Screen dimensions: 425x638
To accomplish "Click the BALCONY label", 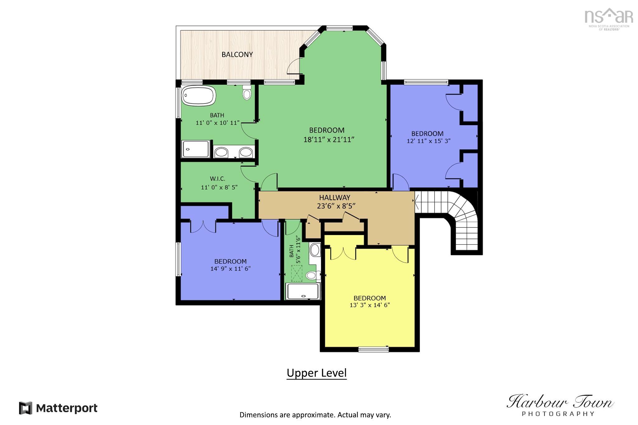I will coord(237,54).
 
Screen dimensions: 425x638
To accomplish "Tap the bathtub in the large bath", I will coord(198,96).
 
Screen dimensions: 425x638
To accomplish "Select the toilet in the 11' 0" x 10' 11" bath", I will coord(247,92).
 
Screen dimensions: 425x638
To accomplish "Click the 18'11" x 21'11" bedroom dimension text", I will coord(329,139).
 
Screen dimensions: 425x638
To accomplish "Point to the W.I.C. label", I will coord(217,179).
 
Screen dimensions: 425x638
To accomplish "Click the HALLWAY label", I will coord(335,197).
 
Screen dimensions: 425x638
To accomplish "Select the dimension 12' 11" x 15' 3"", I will coord(428,141).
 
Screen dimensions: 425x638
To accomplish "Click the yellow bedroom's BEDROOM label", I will coord(369,298).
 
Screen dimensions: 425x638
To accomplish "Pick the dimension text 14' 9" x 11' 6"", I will coord(231,269).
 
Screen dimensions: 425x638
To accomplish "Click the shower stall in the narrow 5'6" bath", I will coord(303,292).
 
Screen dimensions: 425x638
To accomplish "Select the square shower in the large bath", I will coord(196,149).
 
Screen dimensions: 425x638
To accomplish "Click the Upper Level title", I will coord(317,373).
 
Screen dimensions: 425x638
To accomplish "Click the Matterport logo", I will coord(58,408).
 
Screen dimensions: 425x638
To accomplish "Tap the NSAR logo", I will coord(608,19).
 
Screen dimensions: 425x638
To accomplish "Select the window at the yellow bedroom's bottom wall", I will coord(373,349).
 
